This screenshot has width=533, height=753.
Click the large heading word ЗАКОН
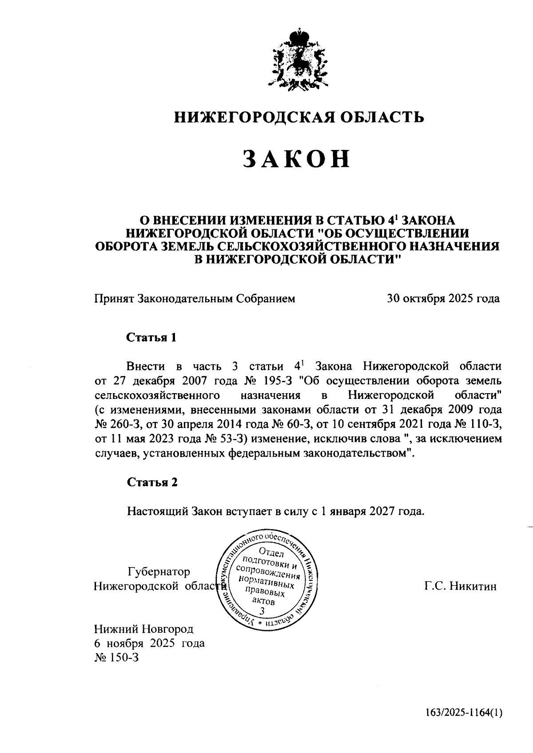coord(297,159)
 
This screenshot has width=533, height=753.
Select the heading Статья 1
coord(152,337)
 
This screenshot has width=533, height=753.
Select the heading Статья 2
coord(152,482)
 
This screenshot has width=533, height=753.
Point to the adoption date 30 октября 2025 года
coord(443,299)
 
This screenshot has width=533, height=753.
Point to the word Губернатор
coord(159,572)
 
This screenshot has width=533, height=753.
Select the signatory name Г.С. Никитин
coord(460,586)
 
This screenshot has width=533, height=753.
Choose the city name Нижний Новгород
coord(144,629)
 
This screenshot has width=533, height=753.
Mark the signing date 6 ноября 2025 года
coord(149,643)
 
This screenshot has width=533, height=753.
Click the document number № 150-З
coord(116,657)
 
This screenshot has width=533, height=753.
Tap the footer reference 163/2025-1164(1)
coord(462,713)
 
